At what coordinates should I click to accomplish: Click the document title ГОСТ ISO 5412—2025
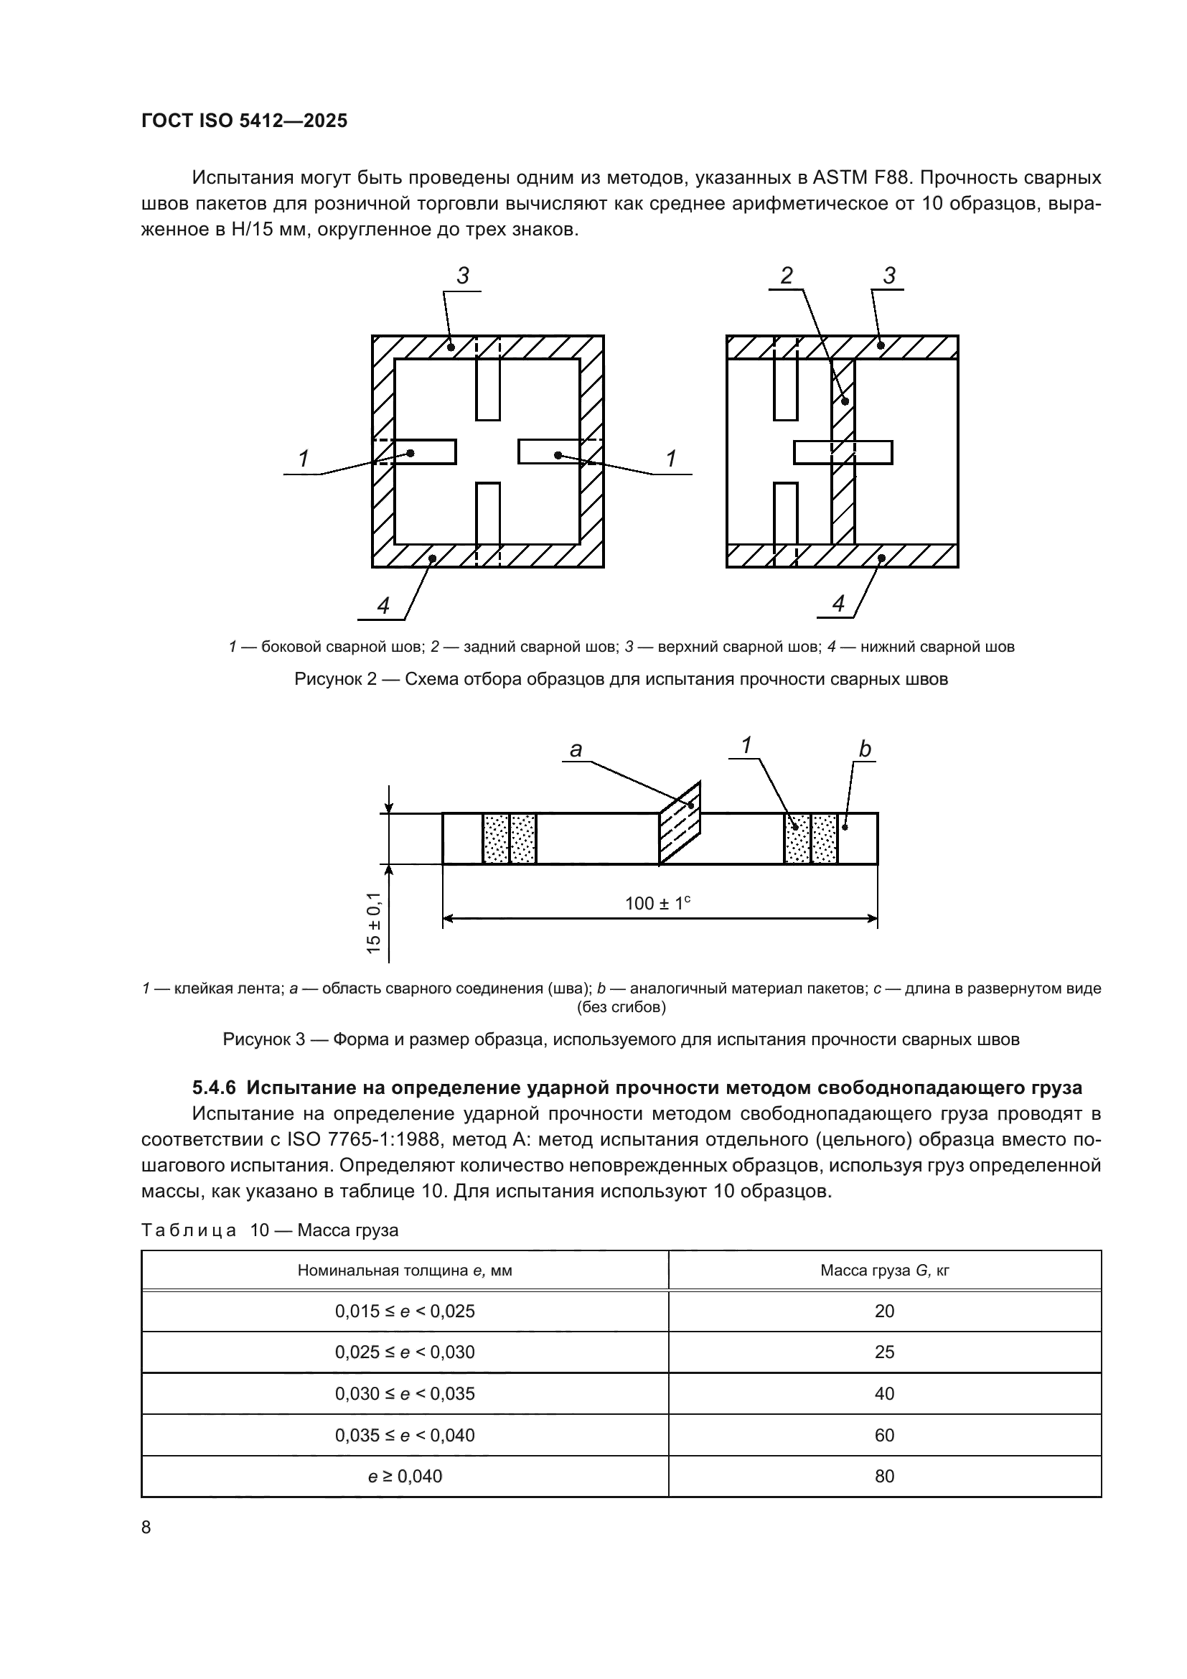coord(244,121)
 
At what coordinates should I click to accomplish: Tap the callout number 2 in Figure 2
coord(786,276)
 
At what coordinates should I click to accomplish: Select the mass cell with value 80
coord(884,1476)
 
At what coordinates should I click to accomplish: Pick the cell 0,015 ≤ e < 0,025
coord(405,1311)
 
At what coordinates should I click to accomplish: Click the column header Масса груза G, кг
coord(884,1271)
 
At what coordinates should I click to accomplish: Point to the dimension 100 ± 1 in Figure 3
coord(658,903)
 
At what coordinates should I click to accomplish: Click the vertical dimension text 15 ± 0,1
coord(374,922)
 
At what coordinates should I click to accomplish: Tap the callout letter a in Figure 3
coord(576,749)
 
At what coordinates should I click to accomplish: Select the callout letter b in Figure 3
coord(865,749)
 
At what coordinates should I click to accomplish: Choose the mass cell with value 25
coord(884,1352)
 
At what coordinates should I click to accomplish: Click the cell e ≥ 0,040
coord(405,1476)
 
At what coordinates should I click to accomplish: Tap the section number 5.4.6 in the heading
coord(214,1088)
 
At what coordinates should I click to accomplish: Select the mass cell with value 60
coord(884,1435)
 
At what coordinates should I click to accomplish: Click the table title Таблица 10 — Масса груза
coord(270,1230)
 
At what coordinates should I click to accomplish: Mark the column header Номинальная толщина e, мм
coord(405,1271)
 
